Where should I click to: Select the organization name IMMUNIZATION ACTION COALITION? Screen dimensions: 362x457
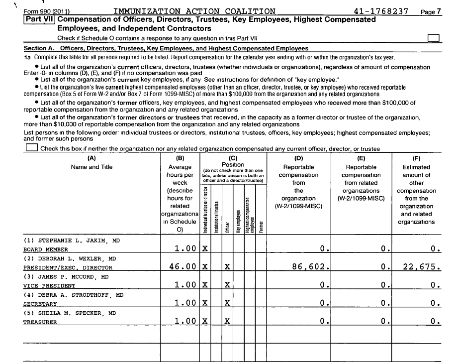194,11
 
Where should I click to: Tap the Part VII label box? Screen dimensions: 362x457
40,19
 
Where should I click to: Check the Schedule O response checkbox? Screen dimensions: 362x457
434,38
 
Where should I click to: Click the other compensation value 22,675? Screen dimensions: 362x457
421,267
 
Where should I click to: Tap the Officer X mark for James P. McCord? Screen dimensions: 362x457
227,285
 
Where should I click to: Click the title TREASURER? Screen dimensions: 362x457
40,322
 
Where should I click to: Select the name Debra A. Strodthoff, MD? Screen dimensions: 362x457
74,295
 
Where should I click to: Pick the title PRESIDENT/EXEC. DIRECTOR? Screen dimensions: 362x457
68,268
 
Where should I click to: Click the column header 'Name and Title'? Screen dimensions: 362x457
91,167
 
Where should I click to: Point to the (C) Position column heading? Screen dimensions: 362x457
232,161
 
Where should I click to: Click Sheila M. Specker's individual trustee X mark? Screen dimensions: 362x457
204,322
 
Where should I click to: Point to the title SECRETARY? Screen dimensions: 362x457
40,304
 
